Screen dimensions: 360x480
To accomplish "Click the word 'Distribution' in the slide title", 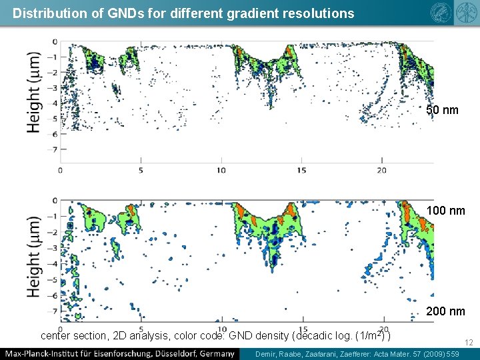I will coord(43,13).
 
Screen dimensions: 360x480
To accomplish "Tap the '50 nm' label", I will coord(443,110).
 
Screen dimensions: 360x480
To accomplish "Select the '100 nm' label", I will coord(445,211).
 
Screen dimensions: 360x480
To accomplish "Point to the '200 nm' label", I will coord(445,311).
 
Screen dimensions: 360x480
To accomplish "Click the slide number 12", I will coord(469,343).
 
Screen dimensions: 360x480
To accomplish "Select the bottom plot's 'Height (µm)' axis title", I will coord(34,256).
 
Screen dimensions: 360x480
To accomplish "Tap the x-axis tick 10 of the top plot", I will coord(221,170).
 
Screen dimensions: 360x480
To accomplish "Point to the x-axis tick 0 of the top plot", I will coord(61,170).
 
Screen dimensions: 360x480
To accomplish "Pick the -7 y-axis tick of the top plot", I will coord(53,149).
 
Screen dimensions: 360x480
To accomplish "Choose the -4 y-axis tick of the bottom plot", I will coord(53,263).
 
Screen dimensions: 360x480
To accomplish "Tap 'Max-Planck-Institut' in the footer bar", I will coord(43,353).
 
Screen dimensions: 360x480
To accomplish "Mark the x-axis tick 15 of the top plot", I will coord(301,170).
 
